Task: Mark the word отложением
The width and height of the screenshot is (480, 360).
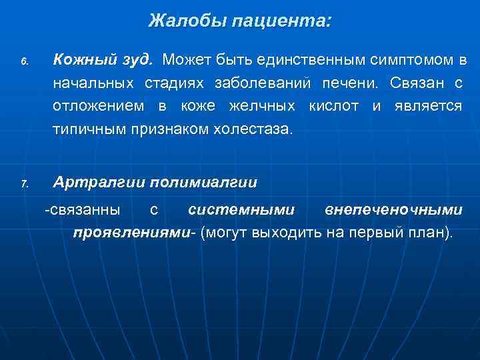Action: click(x=101, y=106)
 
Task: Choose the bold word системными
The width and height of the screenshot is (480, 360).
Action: click(x=241, y=210)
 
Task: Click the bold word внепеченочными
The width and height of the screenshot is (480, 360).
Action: click(x=393, y=210)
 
